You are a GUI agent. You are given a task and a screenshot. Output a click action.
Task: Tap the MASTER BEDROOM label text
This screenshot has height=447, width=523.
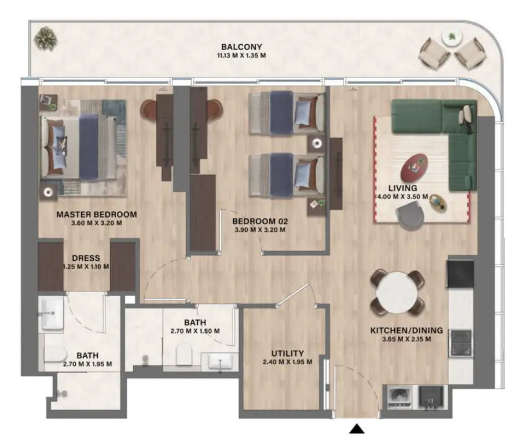point(97,214)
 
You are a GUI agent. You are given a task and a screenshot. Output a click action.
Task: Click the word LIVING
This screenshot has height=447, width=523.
point(403,188)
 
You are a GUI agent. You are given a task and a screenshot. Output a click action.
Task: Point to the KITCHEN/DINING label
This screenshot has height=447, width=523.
point(406,330)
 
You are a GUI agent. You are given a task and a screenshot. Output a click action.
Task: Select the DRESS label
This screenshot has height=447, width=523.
point(87,258)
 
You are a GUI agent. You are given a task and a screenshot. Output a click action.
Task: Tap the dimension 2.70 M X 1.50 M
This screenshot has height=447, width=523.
point(194,331)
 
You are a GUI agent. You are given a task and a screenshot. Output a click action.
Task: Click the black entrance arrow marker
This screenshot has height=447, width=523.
point(357,429)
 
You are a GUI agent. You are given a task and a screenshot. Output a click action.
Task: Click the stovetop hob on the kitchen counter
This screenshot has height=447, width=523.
point(461,343)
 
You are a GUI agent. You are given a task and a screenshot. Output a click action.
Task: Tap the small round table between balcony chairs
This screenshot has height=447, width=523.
point(451,37)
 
